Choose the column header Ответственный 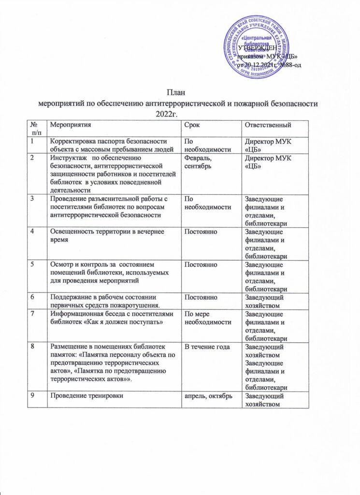tap(268, 126)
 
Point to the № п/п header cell tap(35, 129)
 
